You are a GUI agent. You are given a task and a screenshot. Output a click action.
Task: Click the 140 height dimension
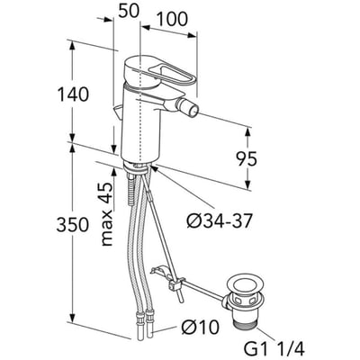click(73, 94)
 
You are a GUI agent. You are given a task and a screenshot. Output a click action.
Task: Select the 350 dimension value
click(73, 225)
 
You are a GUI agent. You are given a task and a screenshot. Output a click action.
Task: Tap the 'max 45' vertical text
click(107, 214)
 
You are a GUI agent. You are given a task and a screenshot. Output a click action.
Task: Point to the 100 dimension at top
click(172, 19)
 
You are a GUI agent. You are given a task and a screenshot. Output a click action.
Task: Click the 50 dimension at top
click(129, 11)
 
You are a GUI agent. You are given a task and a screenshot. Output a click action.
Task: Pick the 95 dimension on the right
click(247, 158)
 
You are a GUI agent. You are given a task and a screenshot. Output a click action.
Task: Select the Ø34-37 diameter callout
click(219, 221)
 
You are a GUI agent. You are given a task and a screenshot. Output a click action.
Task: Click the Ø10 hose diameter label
click(200, 327)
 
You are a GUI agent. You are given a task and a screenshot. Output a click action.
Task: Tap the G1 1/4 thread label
click(274, 349)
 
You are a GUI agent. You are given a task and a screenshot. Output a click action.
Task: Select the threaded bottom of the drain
click(246, 320)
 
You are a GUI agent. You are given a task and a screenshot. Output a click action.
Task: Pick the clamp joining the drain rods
click(175, 284)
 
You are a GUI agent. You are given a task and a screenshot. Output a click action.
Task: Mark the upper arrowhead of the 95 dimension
click(248, 133)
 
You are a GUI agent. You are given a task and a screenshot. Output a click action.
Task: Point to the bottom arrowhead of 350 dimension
click(73, 316)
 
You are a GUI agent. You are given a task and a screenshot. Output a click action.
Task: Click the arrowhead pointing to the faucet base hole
click(154, 168)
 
